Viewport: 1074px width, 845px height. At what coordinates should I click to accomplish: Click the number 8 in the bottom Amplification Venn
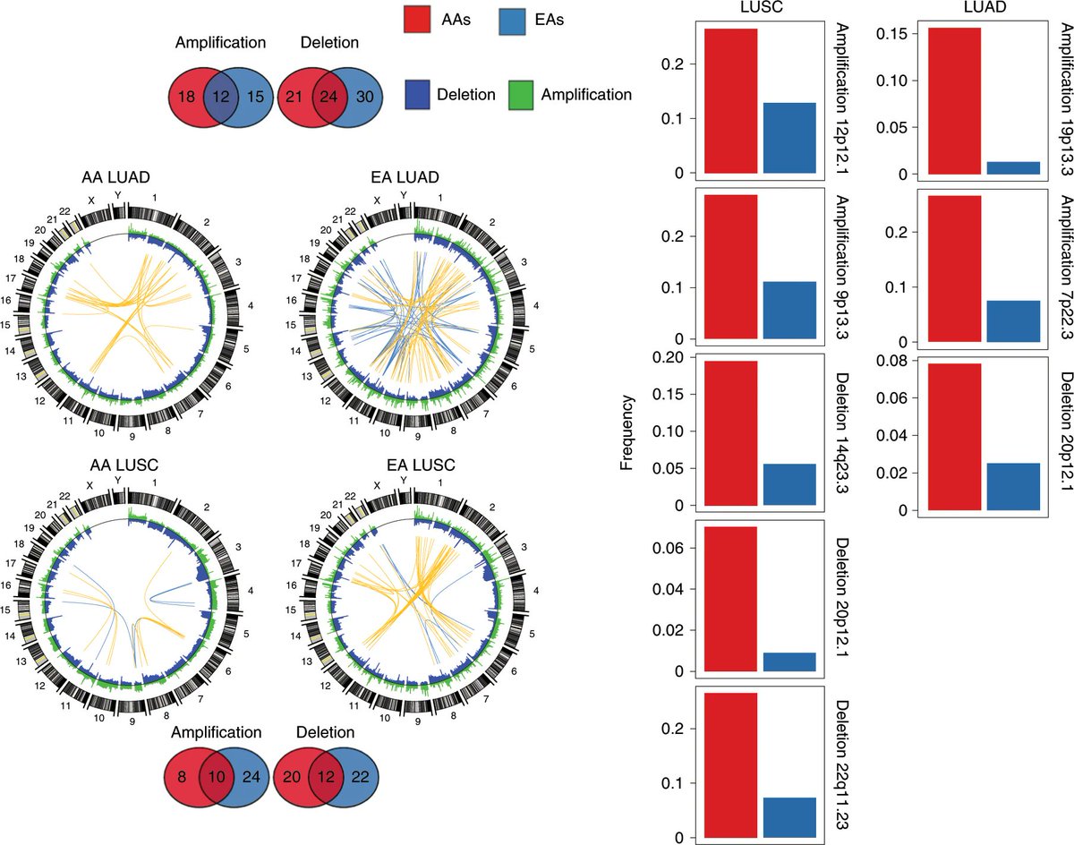tap(183, 776)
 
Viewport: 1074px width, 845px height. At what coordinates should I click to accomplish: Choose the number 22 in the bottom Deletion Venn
tap(361, 776)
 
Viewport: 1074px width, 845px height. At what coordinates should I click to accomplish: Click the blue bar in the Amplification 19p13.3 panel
tap(1012, 167)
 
